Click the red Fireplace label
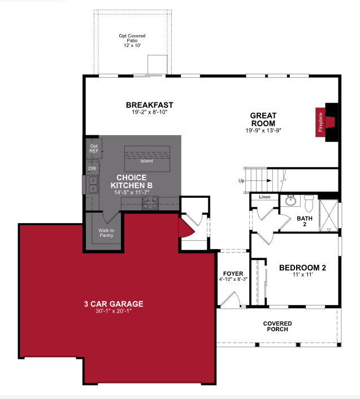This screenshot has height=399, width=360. pos(320,122)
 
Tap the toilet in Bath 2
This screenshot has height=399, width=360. pos(309,203)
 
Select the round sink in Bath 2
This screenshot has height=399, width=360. pos(290,201)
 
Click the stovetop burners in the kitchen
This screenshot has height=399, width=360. pos(150,203)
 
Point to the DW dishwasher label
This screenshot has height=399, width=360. pos(92,168)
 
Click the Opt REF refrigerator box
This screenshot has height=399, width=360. pos(94,149)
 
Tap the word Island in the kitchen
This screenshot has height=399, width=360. pos(146,161)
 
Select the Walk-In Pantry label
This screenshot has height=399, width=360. pos(106,233)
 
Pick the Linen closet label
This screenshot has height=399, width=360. pos(264,197)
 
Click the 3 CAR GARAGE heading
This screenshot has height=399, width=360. pos(114,304)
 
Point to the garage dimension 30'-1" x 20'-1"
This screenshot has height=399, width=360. pos(114,311)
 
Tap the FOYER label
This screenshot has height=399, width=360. pos(233,274)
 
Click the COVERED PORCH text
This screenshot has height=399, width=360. pos(277,326)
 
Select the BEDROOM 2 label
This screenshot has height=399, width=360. pos(302,268)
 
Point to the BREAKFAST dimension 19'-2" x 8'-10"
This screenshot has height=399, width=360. pos(150,112)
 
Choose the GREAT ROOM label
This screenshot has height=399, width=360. pos(263,119)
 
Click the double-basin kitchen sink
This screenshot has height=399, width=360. pos(92,184)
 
